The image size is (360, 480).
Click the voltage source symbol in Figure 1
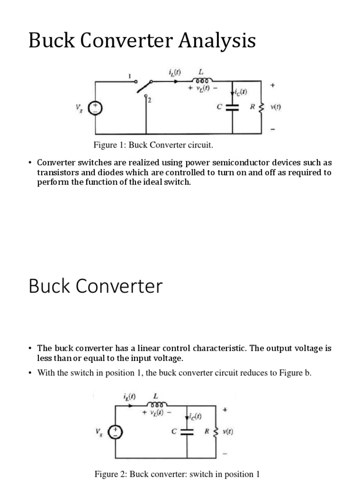(96, 108)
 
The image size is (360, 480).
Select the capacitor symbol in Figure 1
(232, 107)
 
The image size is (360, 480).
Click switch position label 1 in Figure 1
(131, 75)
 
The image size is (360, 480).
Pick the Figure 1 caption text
(147, 145)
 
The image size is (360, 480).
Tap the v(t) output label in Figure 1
(275, 107)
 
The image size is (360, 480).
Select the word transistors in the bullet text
(60, 172)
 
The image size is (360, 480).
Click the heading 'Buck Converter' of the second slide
(96, 286)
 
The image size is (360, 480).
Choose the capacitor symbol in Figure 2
(187, 432)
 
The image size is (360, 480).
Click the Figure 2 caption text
(177, 474)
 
